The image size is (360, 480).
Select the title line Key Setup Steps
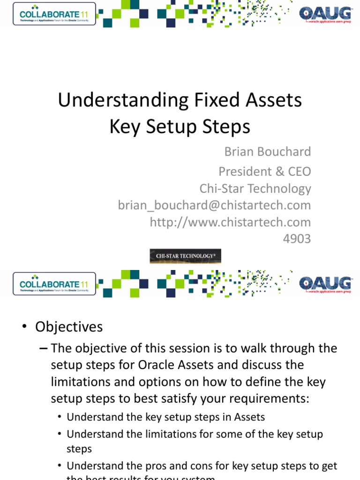coord(180,127)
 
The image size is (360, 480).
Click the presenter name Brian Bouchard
coord(268,152)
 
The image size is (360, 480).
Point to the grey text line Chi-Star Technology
coord(255,188)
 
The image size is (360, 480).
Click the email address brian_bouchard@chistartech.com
coord(214,205)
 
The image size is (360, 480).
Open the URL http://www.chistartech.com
coord(230,222)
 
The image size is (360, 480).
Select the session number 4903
coord(297,239)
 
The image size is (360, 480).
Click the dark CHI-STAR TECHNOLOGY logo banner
coord(185,256)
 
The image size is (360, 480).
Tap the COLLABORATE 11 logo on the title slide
coord(54,14)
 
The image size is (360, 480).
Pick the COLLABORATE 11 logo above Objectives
coord(54,284)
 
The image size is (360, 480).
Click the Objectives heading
coord(69,327)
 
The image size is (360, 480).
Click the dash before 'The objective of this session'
coord(43,348)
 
